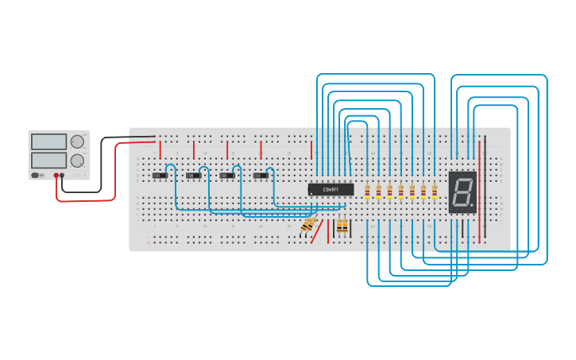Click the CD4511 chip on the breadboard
pyautogui.click(x=331, y=189)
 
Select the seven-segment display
pyautogui.click(x=462, y=192)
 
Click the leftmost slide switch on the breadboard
pyautogui.click(x=160, y=175)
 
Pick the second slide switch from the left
pyautogui.click(x=193, y=175)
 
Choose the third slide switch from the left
pyautogui.click(x=227, y=175)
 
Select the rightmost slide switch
pyautogui.click(x=261, y=175)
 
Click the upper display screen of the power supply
pyautogui.click(x=48, y=142)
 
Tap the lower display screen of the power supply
pyautogui.click(x=48, y=161)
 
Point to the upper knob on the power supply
pyautogui.click(x=77, y=142)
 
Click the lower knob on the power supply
pyautogui.click(x=77, y=161)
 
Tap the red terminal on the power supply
pyautogui.click(x=56, y=175)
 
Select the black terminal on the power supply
pyautogui.click(x=63, y=175)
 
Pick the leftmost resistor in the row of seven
pyautogui.click(x=367, y=191)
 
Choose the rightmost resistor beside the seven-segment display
pyautogui.click(x=434, y=191)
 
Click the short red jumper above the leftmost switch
pyautogui.click(x=160, y=149)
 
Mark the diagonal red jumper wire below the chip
pyautogui.click(x=318, y=231)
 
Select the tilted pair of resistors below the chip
pyautogui.click(x=308, y=226)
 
